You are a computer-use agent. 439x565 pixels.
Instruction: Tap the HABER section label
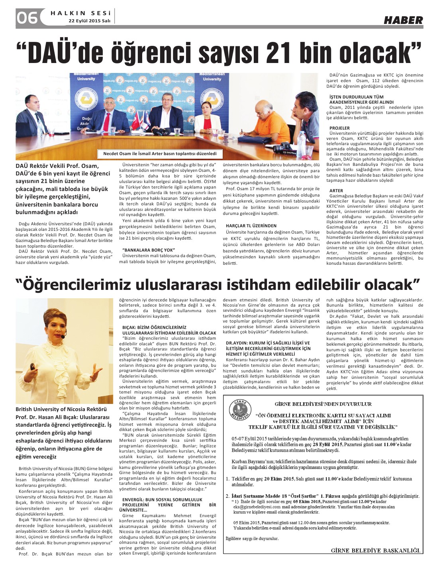[403, 20]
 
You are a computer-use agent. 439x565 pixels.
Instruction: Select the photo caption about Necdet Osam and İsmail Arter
[160, 154]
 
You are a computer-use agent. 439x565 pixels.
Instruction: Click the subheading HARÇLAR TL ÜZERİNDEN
[251, 226]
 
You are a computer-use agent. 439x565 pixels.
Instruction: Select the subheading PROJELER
[339, 128]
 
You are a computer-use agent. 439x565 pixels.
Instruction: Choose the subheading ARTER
[336, 191]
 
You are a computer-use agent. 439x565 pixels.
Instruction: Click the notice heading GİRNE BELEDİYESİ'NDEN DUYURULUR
[323, 404]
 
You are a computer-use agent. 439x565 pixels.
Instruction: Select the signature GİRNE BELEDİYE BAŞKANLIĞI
[375, 551]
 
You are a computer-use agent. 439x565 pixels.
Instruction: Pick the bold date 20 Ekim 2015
[278, 478]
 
